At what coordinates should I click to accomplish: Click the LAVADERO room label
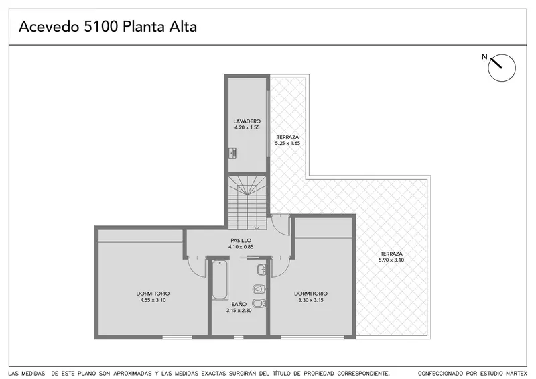click(247, 121)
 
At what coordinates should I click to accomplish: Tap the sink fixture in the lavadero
click(232, 153)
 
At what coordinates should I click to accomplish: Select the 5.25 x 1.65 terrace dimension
click(287, 143)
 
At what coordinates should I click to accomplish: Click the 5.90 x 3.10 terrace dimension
click(391, 260)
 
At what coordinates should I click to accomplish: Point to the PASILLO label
click(241, 241)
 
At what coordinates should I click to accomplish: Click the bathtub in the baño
click(220, 280)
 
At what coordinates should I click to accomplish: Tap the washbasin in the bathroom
click(261, 270)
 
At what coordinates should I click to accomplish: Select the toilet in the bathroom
click(259, 290)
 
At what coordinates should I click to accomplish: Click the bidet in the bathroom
click(259, 303)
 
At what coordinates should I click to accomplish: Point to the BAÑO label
click(239, 304)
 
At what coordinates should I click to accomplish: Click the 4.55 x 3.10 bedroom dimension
click(153, 300)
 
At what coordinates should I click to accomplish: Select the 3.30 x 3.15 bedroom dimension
click(311, 300)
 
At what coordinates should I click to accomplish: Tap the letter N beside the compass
click(484, 57)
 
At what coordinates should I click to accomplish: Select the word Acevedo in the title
click(49, 27)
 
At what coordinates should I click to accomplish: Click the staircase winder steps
click(247, 186)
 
